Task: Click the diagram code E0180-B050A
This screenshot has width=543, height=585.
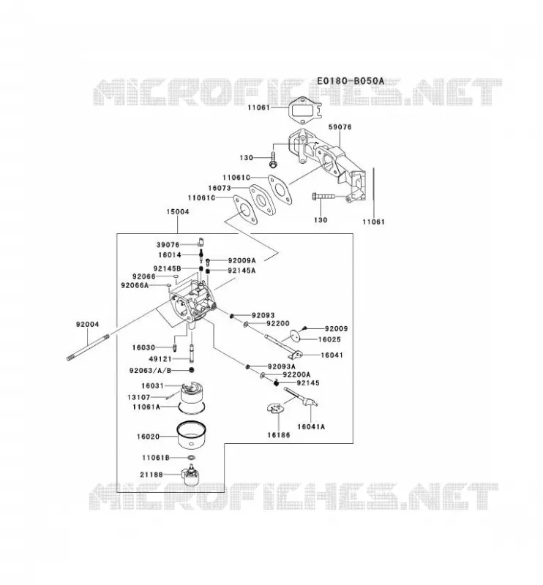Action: click(351, 80)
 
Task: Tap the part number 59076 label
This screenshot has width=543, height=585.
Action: click(340, 127)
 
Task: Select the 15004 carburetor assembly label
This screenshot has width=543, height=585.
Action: click(178, 211)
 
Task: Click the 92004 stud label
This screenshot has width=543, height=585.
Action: click(87, 324)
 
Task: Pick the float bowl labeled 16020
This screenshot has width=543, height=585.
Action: click(192, 435)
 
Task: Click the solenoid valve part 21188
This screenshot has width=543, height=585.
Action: click(190, 475)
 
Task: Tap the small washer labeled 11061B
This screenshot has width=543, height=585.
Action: click(191, 458)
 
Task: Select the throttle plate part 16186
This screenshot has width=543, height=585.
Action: click(276, 409)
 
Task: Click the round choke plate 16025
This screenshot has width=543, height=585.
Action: click(296, 335)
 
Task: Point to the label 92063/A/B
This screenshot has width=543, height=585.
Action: click(150, 371)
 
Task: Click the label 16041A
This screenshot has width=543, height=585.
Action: click(311, 426)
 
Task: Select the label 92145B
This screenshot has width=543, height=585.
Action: click(167, 268)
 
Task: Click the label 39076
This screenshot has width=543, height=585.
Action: click(168, 245)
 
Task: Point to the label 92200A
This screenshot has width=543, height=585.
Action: click(296, 374)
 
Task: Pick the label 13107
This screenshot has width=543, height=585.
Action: click(139, 397)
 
